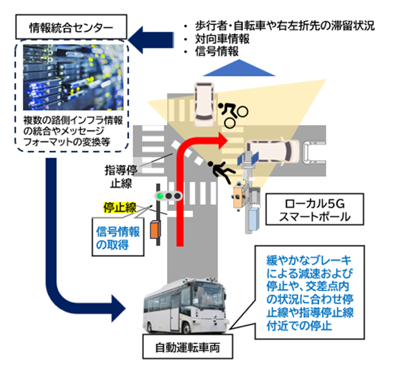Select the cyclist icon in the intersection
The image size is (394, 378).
[x=231, y=109]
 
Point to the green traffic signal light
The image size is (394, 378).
[x=159, y=197]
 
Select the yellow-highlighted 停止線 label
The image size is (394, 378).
[x=119, y=207]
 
